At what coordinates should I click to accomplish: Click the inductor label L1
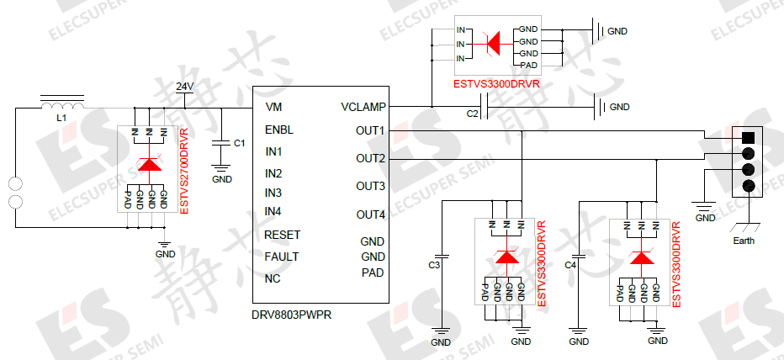click(61, 119)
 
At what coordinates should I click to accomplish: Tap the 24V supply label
click(185, 87)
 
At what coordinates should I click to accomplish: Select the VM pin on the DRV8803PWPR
click(273, 108)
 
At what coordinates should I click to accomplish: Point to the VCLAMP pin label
click(363, 108)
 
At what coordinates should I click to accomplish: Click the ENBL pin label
click(278, 130)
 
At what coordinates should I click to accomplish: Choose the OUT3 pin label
click(370, 186)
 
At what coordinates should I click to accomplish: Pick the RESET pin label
click(282, 235)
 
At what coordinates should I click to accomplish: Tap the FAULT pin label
click(281, 257)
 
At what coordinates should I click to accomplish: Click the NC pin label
click(273, 278)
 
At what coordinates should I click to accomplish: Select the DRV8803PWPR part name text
click(290, 315)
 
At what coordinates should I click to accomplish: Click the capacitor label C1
click(239, 143)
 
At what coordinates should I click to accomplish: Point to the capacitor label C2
click(472, 113)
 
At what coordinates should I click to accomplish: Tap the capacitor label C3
click(434, 265)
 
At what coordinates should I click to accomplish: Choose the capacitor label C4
click(570, 265)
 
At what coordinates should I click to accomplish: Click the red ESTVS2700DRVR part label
click(184, 170)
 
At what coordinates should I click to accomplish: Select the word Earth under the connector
click(744, 241)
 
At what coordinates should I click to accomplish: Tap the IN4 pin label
click(273, 211)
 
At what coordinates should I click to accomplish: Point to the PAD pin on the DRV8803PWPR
click(373, 272)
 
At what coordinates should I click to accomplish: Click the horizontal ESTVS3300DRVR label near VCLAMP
click(495, 84)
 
